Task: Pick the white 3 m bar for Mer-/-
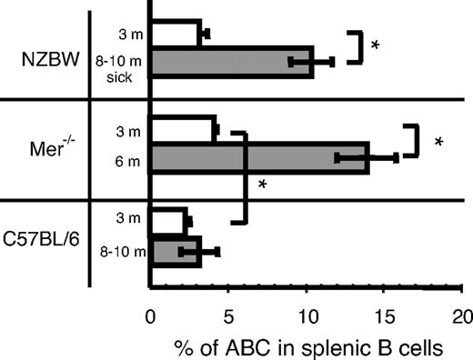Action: click(182, 129)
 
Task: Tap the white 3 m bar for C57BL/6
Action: click(167, 222)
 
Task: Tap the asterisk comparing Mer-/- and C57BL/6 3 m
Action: click(263, 185)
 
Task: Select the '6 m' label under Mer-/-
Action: click(127, 157)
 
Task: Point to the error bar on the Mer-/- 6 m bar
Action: click(367, 157)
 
